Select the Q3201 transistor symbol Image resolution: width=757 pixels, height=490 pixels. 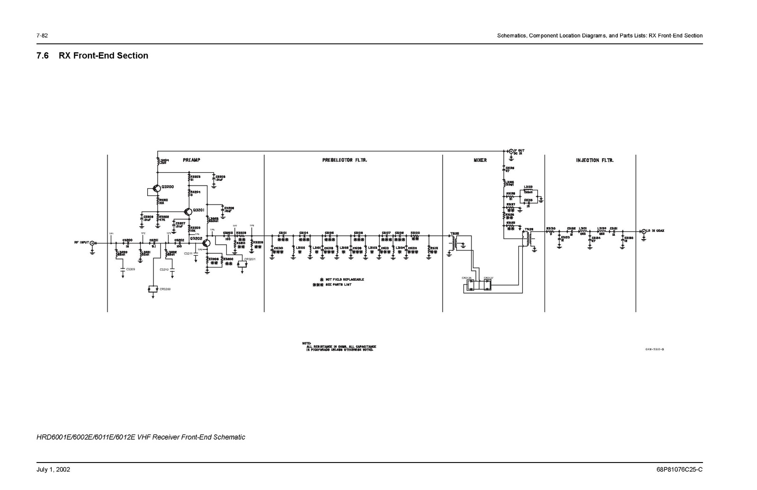pyautogui.click(x=188, y=211)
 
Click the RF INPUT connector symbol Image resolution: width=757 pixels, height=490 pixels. pyautogui.click(x=92, y=243)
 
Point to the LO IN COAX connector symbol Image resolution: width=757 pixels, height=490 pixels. pyautogui.click(x=643, y=231)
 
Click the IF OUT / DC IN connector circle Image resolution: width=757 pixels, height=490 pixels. pyautogui.click(x=510, y=151)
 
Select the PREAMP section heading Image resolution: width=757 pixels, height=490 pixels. pyautogui.click(x=191, y=160)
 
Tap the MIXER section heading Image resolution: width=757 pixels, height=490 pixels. pyautogui.click(x=480, y=160)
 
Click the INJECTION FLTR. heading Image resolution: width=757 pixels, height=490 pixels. pyautogui.click(x=595, y=160)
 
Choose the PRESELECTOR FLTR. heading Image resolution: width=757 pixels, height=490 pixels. pyautogui.click(x=344, y=160)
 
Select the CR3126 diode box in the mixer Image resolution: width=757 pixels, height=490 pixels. pyautogui.click(x=471, y=284)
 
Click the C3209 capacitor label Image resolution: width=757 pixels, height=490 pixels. pyautogui.click(x=130, y=269)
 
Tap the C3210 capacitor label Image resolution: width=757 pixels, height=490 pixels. pyautogui.click(x=164, y=269)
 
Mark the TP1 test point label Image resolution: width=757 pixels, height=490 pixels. pyautogui.click(x=111, y=233)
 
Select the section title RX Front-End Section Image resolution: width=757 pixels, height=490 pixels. pyautogui.click(x=103, y=56)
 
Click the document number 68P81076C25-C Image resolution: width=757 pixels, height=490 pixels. pyautogui.click(x=679, y=470)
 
